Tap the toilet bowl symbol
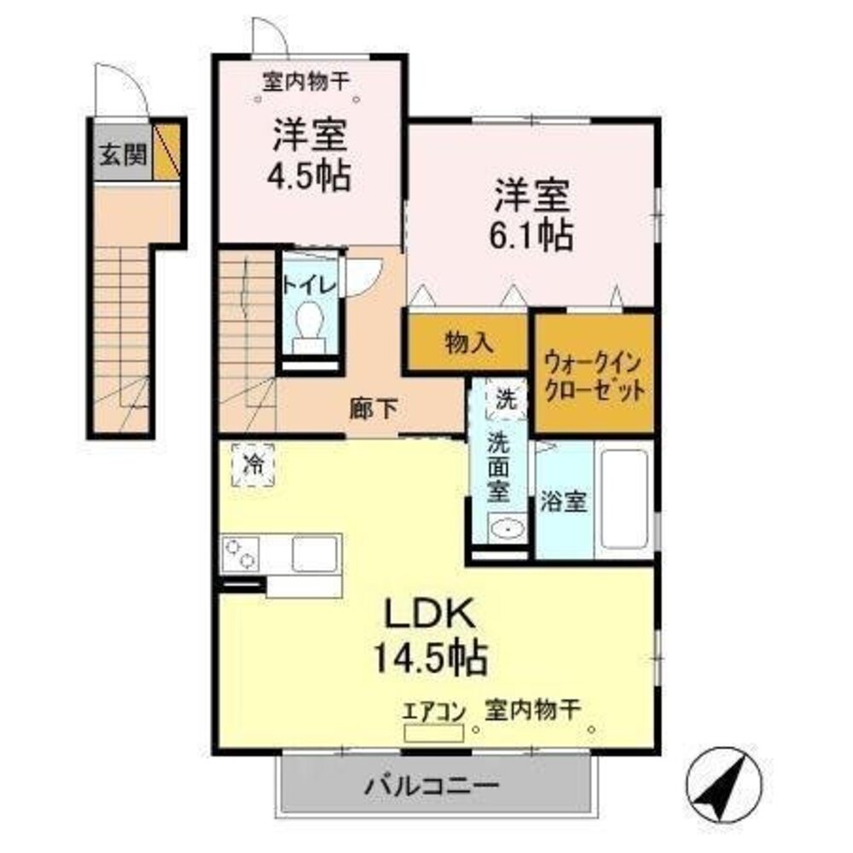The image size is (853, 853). point(308,326)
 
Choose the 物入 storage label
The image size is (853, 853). point(468,342)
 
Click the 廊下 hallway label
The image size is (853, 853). point(373,409)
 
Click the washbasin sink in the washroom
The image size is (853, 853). point(506,530)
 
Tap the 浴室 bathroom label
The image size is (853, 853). point(563,502)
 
